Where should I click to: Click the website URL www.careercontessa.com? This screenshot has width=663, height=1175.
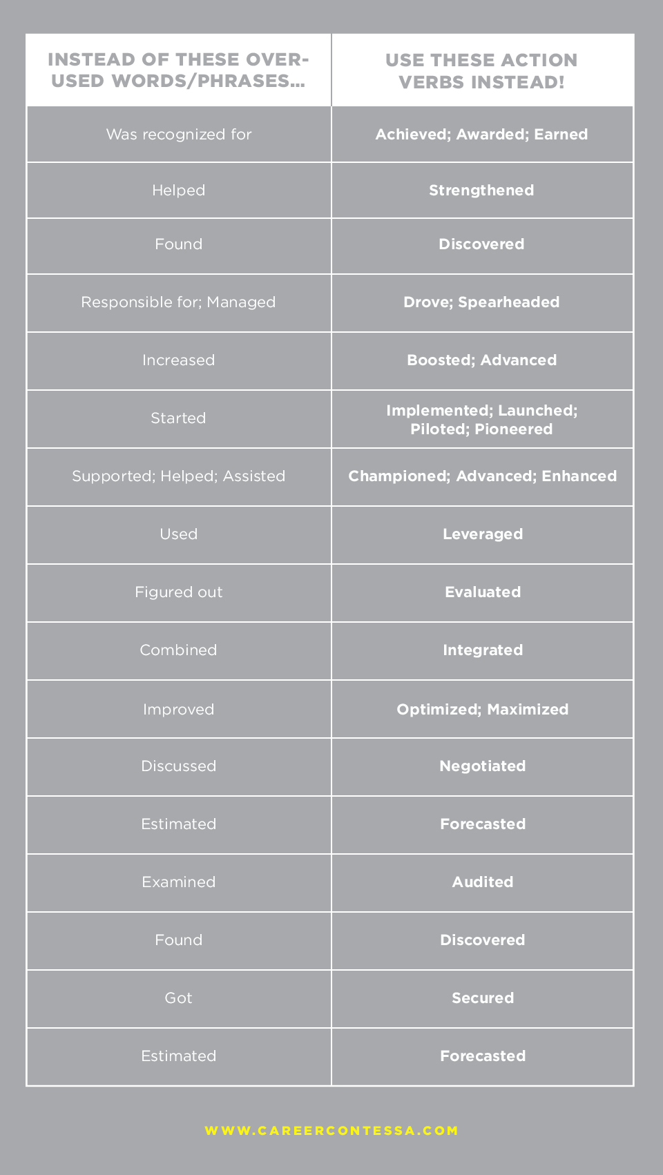point(331,1131)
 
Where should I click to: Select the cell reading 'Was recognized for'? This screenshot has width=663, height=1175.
point(179,135)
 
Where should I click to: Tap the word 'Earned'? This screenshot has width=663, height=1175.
point(561,135)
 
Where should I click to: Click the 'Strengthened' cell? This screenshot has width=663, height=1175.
point(481,191)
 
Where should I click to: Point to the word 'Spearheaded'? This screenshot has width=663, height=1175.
point(509,302)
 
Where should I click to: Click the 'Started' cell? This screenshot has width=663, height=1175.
point(178,418)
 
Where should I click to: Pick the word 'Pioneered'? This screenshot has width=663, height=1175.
point(514,429)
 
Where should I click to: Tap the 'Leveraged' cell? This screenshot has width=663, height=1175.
point(483,534)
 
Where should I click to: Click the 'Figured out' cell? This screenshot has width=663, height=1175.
point(179,592)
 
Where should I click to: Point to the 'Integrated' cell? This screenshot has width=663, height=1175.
point(483,650)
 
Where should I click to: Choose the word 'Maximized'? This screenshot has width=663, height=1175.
point(528,710)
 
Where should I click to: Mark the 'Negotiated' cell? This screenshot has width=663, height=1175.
point(483,766)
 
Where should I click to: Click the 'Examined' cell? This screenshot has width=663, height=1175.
point(179,882)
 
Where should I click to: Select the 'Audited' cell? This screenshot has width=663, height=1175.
point(483,882)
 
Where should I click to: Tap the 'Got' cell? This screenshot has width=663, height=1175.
point(179,998)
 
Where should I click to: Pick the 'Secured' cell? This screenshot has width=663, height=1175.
point(483,998)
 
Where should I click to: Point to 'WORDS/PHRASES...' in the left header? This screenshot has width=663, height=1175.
point(208,81)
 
